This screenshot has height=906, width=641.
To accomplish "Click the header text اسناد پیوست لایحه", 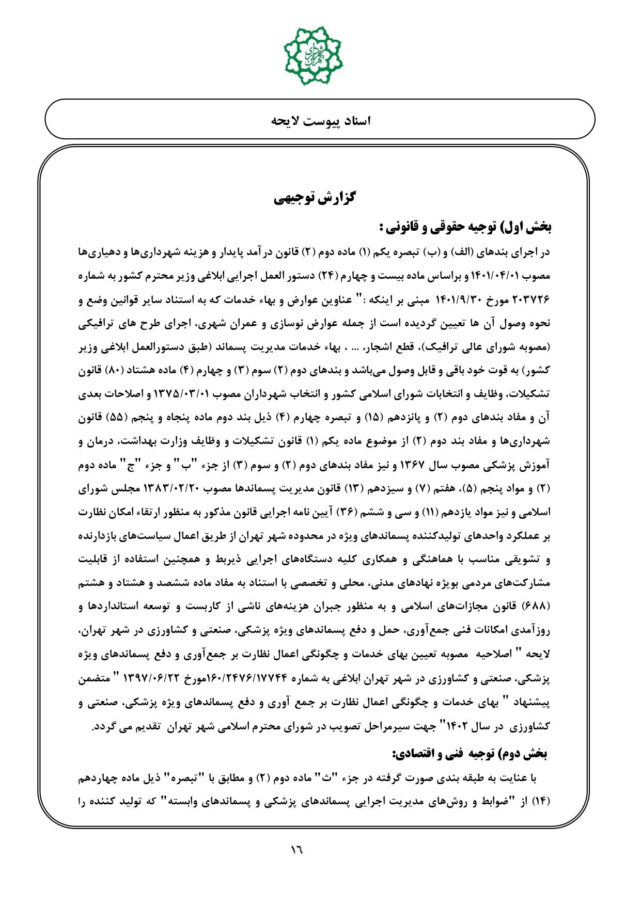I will pyautogui.click(x=321, y=121).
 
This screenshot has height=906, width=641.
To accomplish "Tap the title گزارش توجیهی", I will pyautogui.click(x=314, y=198).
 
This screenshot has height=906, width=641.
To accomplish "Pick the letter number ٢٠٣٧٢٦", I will pyautogui.click(x=532, y=300).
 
